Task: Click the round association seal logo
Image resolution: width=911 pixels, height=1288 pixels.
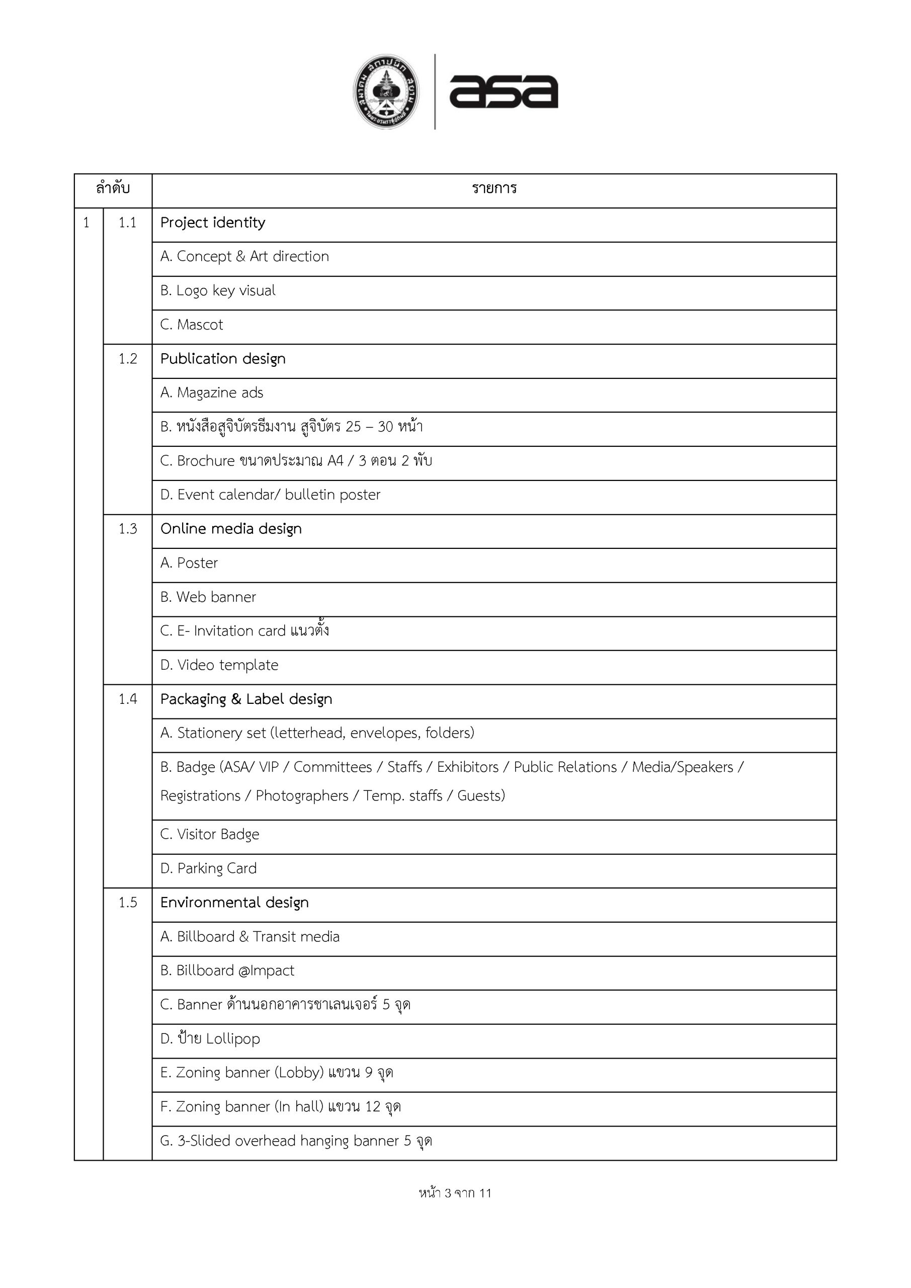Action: click(x=386, y=92)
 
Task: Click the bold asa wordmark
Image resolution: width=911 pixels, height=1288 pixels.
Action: click(x=503, y=92)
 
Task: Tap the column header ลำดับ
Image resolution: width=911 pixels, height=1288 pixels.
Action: click(x=113, y=189)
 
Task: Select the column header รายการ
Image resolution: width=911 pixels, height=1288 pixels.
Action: click(x=493, y=189)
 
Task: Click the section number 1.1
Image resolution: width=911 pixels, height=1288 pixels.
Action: click(x=127, y=223)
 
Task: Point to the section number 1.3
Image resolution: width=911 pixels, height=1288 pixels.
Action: click(x=127, y=529)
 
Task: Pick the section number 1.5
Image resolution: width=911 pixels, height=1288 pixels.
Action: click(x=127, y=903)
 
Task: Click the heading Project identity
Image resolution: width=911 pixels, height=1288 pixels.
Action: click(x=213, y=223)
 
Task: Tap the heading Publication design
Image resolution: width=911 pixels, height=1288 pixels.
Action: click(x=223, y=359)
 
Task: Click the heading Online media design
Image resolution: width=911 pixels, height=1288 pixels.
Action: click(x=230, y=529)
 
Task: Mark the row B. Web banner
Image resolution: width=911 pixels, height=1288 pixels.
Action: click(x=208, y=597)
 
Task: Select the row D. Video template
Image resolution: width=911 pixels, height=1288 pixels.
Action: click(x=219, y=665)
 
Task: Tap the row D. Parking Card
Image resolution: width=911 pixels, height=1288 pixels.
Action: click(x=208, y=868)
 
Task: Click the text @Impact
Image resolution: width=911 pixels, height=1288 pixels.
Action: click(x=266, y=971)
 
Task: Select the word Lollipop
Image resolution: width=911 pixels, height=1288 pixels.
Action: click(x=233, y=1039)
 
